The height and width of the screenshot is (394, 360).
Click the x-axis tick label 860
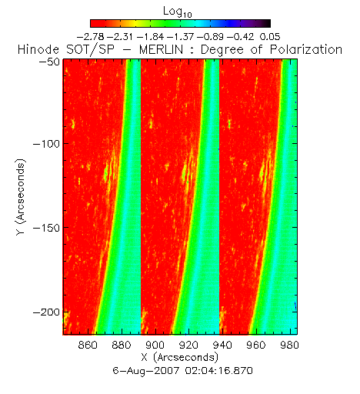[88, 345]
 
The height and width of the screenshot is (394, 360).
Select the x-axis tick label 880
[122, 345]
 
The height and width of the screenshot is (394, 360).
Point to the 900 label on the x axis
[155, 345]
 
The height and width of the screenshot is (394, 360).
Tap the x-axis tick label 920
[188, 345]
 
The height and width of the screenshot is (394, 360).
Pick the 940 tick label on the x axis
[222, 345]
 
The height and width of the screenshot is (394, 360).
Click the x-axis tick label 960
[256, 345]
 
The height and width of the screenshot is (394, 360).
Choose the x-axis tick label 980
[289, 345]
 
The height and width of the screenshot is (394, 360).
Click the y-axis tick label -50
[49, 62]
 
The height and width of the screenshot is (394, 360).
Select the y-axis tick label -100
[46, 144]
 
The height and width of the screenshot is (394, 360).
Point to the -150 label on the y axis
[46, 228]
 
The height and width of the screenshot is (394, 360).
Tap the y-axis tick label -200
[46, 312]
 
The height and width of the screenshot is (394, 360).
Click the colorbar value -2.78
[91, 37]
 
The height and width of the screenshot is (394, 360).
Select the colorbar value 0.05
[270, 37]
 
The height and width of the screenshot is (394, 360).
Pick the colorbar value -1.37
[181, 37]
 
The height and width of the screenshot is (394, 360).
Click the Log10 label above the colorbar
[178, 12]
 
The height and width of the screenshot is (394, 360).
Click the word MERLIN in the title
[161, 50]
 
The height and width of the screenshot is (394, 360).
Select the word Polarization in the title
[306, 50]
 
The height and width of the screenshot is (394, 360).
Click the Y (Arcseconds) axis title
[21, 197]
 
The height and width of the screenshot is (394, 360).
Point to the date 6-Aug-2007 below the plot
[146, 371]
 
